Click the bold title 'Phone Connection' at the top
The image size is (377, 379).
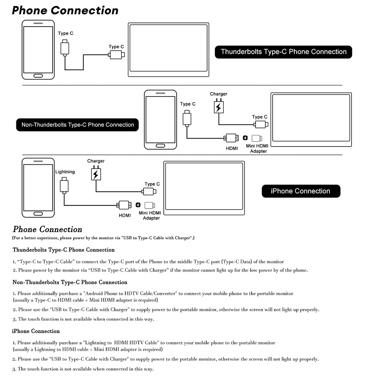[65, 10]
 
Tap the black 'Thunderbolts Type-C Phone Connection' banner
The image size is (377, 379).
[283, 52]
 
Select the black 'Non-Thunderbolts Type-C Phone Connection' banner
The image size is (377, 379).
[78, 125]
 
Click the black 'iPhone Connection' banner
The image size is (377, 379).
[300, 191]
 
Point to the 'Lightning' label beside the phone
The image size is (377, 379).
[65, 172]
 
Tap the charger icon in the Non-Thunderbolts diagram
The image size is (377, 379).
[218, 107]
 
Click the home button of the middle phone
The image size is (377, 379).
[161, 146]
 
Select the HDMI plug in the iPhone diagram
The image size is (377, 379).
[124, 205]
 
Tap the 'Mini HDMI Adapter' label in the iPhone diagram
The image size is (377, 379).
[150, 215]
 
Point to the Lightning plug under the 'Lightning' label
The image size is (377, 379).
[64, 186]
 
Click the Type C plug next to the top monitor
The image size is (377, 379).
[117, 55]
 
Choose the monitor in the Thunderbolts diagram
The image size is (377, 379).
[169, 50]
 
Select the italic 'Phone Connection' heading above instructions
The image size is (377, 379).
[48, 229]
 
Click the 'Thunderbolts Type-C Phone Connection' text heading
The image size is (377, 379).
[64, 250]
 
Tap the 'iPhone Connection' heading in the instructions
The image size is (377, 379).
[36, 331]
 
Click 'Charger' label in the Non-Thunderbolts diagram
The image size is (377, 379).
[218, 94]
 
